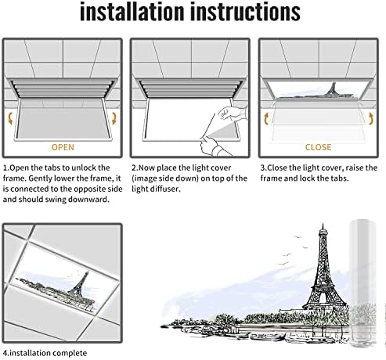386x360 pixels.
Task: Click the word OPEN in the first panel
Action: pyautogui.click(x=63, y=147)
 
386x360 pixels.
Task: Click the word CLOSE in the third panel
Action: pyautogui.click(x=318, y=147)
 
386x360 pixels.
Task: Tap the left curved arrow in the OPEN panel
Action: pyautogui.click(x=10, y=118)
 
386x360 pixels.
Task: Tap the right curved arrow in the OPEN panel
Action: pyautogui.click(x=114, y=118)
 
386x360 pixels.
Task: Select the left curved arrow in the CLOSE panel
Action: pyautogui.click(x=266, y=118)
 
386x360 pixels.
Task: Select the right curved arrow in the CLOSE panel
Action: pyautogui.click(x=370, y=118)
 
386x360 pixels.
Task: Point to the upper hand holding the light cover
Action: pyautogui.click(x=233, y=113)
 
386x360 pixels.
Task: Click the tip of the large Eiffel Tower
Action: pyautogui.click(x=323, y=224)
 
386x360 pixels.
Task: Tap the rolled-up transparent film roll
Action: pyautogui.click(x=363, y=284)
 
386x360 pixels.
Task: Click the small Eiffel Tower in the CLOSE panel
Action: pyautogui.click(x=332, y=89)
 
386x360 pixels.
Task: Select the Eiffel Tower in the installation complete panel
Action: pyautogui.click(x=80, y=283)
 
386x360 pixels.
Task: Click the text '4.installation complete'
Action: pyautogui.click(x=45, y=353)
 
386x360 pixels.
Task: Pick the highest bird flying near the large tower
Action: pyautogui.click(x=297, y=236)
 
